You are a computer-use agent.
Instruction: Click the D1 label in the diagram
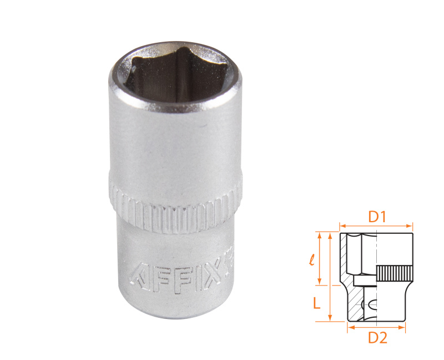point(377,217)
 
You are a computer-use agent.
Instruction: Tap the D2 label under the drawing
point(377,337)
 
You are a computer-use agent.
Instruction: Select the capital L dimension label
point(316,303)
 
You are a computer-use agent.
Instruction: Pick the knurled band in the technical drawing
point(395,273)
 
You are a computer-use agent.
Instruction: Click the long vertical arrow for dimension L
point(330,278)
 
